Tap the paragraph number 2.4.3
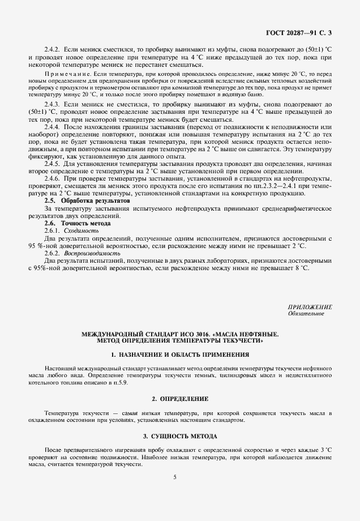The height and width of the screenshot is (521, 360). (x=54, y=105)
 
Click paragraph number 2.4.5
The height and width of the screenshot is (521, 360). (x=54, y=163)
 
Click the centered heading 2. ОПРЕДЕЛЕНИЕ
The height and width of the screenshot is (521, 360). (x=180, y=399)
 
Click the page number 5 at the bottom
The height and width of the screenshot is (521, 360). (x=175, y=477)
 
